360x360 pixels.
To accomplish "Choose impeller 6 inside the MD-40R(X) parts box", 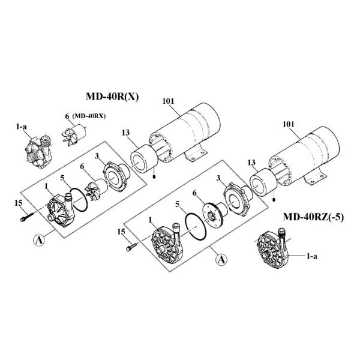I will [x=95, y=187].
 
